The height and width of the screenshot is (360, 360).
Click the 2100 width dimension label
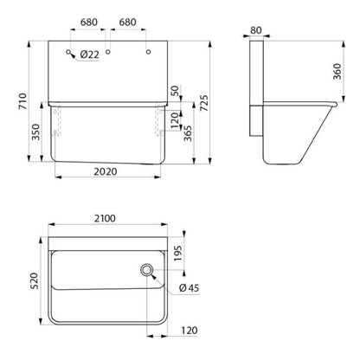click(105, 218)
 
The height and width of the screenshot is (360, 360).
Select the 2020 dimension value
click(106, 171)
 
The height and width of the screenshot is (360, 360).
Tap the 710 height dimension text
click(22, 101)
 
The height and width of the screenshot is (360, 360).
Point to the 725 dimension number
click(203, 103)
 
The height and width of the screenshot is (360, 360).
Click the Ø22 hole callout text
click(90, 55)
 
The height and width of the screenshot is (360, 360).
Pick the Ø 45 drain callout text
click(189, 288)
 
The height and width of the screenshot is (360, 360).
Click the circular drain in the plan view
click(147, 270)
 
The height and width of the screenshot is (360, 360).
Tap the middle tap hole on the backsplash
click(108, 52)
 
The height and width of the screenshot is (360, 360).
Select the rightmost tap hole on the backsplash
click(148, 52)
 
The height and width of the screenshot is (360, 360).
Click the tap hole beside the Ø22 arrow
click(68, 52)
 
